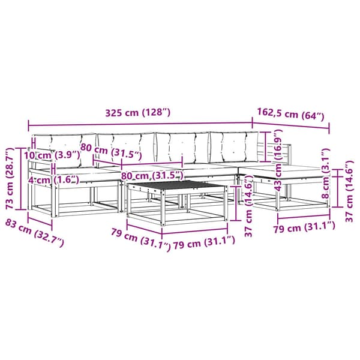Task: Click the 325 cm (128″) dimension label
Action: [x=138, y=113]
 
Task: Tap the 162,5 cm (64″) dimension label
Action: [x=290, y=114]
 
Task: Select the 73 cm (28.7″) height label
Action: [x=11, y=179]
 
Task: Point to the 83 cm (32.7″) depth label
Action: [x=34, y=233]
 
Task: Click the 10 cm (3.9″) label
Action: [x=52, y=155]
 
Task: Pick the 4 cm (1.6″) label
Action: [x=53, y=180]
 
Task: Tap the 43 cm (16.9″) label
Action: [x=278, y=160]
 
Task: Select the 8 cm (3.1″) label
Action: [x=326, y=173]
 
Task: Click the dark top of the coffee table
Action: [x=177, y=185]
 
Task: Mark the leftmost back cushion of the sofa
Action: [x=65, y=151]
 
